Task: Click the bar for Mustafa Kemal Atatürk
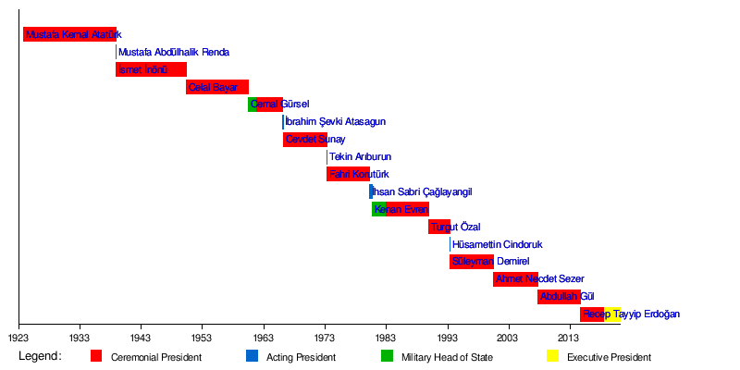[x=69, y=34]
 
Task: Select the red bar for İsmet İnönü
[x=151, y=69]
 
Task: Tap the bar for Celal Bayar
[x=217, y=87]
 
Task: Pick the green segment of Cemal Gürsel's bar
[x=253, y=105]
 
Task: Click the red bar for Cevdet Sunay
[x=304, y=140]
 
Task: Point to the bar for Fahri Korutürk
[x=348, y=174]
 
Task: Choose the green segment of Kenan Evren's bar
[x=379, y=209]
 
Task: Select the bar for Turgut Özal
[x=439, y=227]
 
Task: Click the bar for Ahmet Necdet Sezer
[x=515, y=278]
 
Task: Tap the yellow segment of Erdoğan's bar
[x=612, y=314]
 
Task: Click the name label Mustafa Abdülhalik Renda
[x=174, y=53]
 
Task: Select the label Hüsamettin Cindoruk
[x=498, y=245]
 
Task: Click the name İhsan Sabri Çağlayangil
[x=422, y=191]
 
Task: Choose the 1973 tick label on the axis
[x=325, y=339]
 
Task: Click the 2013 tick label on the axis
[x=569, y=339]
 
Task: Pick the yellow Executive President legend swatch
[x=552, y=356]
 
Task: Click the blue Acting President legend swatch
[x=252, y=356]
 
